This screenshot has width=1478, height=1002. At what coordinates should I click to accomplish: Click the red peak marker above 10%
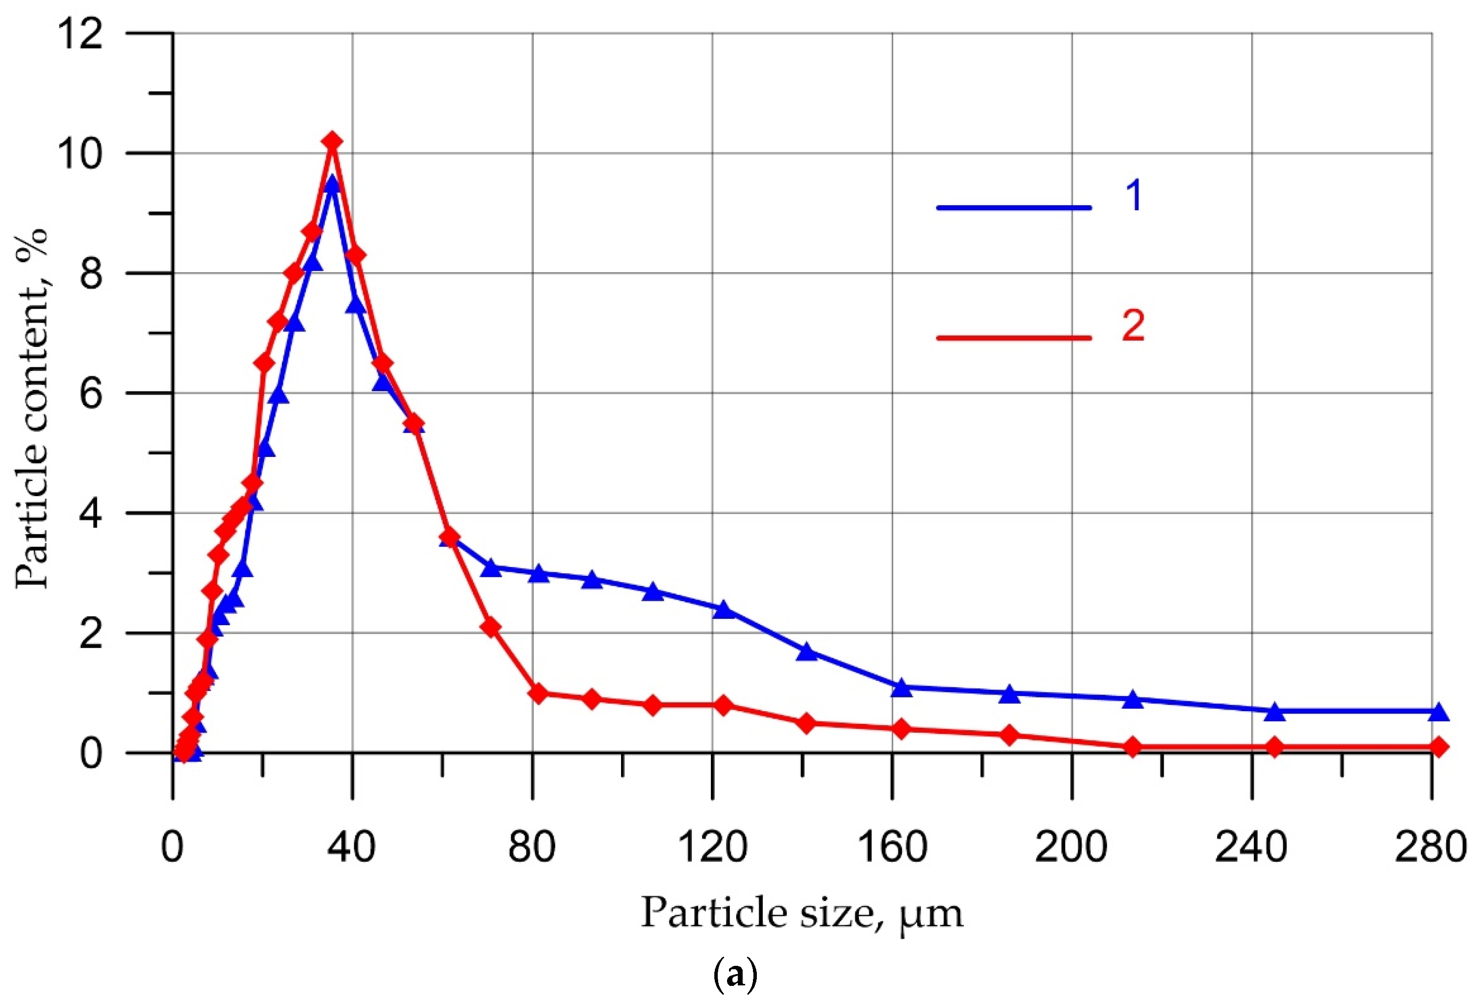332,141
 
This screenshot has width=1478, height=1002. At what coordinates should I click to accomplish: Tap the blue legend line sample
1014,207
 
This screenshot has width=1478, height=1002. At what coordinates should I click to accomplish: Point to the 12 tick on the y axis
80,33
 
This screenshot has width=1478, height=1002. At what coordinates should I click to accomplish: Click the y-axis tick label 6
91,393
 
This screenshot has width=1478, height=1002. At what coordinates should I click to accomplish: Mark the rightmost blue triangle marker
1438,712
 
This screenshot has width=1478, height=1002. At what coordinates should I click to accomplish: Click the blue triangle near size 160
901,688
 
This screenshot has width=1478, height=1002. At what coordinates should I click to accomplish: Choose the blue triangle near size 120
723,610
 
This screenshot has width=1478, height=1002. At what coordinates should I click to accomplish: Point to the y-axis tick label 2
91,633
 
